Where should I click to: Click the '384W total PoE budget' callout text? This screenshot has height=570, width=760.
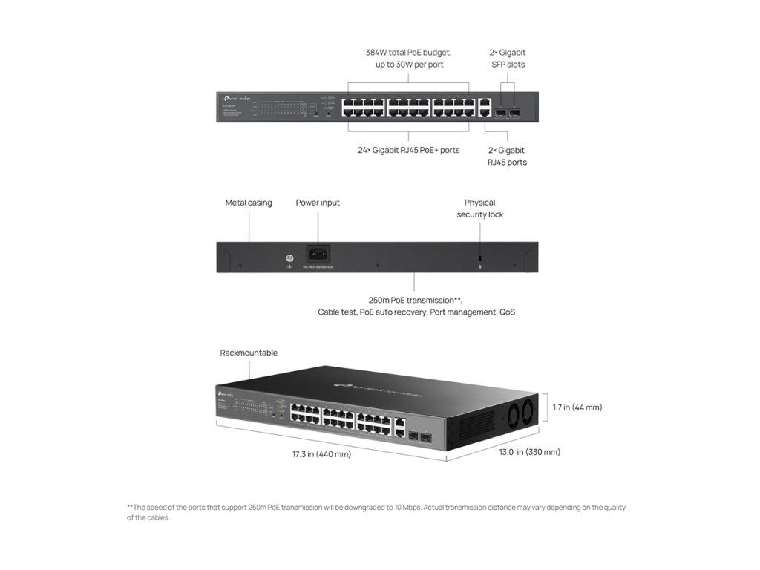click(408, 53)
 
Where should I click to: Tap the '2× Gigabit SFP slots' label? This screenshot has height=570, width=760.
click(508, 59)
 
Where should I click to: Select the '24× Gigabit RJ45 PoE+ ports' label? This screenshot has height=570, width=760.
click(408, 150)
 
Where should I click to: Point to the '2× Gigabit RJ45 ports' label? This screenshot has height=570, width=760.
click(507, 156)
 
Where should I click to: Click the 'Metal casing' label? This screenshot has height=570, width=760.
click(249, 203)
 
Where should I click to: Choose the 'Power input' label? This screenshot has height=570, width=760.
click(318, 203)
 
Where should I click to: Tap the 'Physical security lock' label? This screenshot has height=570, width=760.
click(479, 209)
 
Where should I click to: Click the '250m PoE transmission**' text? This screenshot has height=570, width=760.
click(415, 300)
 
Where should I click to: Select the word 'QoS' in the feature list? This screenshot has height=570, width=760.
click(507, 312)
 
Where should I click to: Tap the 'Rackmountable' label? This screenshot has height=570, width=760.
click(249, 353)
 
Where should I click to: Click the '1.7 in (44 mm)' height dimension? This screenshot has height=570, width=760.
click(577, 407)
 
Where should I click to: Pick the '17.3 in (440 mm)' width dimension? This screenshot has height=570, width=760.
click(321, 453)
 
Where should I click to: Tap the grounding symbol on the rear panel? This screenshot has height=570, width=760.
click(286, 259)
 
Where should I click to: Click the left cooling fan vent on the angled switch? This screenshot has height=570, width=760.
click(511, 420)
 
